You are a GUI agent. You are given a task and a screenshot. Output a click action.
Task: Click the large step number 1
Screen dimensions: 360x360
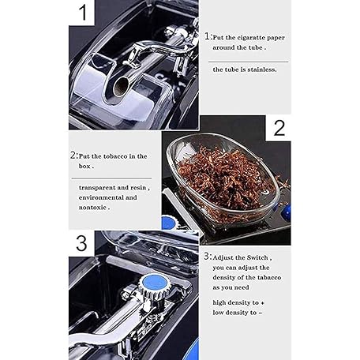[83, 13]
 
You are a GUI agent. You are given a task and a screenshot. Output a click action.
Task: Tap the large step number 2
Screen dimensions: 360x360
[279, 128]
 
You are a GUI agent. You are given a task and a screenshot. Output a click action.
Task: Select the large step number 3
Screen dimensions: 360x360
[81, 243]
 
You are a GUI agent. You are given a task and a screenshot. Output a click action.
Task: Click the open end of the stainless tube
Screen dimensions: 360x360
[120, 86]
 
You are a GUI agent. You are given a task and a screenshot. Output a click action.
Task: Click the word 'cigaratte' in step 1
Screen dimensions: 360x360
[251, 38]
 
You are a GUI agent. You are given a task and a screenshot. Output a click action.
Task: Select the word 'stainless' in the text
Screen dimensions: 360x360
[262, 69]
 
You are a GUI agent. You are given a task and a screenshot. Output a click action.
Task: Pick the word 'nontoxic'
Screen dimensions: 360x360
[92, 208]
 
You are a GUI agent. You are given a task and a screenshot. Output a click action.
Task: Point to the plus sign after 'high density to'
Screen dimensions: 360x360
[262, 303]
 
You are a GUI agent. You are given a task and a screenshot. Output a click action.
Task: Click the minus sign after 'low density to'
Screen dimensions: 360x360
[260, 313]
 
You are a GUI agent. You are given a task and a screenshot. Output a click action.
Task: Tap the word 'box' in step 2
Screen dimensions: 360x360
[84, 167]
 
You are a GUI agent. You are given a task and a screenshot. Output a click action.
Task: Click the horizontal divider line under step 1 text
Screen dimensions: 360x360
[248, 62]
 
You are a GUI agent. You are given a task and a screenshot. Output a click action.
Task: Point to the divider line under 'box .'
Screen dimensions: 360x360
[111, 178]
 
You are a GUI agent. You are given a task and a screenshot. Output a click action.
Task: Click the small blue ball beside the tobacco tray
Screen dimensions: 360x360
[286, 211]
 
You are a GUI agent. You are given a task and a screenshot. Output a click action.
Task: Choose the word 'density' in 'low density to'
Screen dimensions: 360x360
[235, 313]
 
